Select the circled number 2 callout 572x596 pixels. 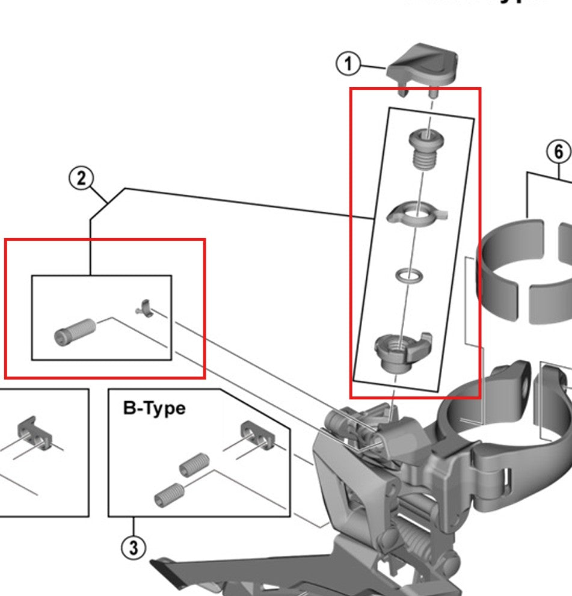[82, 179]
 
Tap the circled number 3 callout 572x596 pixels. [133, 548]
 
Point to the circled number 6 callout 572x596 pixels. [559, 152]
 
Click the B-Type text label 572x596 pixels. [154, 408]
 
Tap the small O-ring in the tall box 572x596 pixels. [408, 276]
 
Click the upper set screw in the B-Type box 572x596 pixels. [193, 465]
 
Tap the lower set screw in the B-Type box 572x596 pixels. [168, 494]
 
